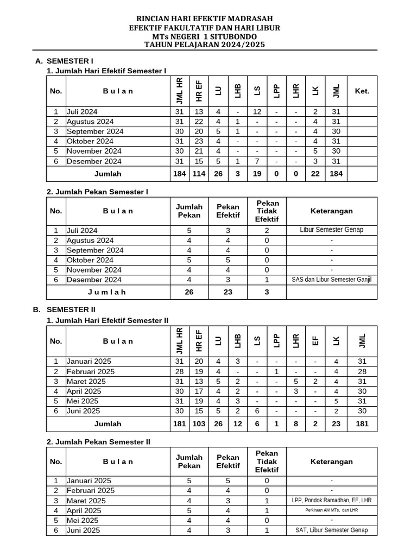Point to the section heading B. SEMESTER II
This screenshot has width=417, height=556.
tap(64, 309)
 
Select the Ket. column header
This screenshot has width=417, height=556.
tap(362, 91)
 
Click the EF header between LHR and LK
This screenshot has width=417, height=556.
tap(316, 341)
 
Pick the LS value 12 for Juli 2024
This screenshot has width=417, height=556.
tap(257, 112)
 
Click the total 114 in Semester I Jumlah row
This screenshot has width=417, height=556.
tap(199, 174)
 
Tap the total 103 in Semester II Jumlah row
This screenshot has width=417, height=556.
tap(199, 424)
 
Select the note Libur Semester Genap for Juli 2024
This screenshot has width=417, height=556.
tap(331, 230)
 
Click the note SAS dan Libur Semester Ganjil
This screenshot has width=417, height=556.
tap(331, 280)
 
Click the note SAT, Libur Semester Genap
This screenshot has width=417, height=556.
tap(331, 530)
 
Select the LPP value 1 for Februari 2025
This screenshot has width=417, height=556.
tap(276, 372)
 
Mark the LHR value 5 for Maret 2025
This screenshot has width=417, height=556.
tap(296, 382)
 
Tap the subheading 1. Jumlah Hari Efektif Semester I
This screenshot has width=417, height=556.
tap(106, 71)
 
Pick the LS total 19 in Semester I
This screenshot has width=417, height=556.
tap(257, 174)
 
